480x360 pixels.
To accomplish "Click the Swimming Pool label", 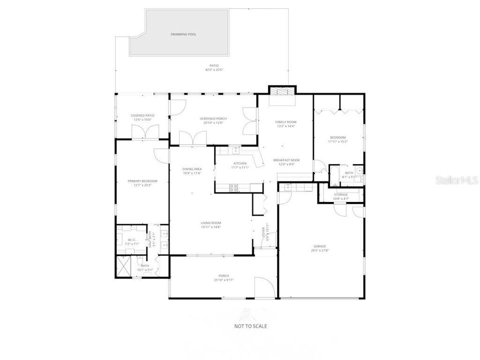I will point(183,34).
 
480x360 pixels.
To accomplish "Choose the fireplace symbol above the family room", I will point(282,91).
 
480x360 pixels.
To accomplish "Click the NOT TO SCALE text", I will point(251,326).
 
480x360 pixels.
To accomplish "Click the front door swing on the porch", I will point(264,287).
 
